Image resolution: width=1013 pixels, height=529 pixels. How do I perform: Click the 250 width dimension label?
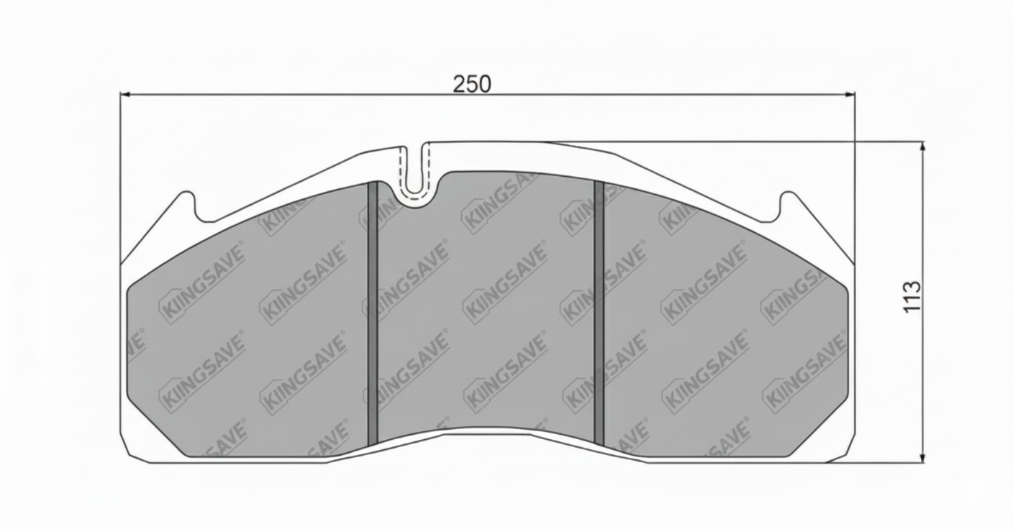tap(472, 84)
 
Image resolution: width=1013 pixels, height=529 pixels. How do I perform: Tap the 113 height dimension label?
tap(912, 296)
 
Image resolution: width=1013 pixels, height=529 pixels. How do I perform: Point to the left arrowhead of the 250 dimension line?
tap(124, 93)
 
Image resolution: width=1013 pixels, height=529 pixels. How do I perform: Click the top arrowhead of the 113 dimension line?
tap(922, 146)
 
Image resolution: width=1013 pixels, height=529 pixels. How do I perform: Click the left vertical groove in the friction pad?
tap(373, 313)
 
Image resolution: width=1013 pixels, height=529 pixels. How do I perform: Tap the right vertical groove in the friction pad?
tap(599, 313)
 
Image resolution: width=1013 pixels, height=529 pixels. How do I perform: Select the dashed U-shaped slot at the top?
tap(414, 169)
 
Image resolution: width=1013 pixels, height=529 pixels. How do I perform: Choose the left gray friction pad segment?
tap(248, 323)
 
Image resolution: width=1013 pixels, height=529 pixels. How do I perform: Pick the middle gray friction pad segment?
tap(486, 302)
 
